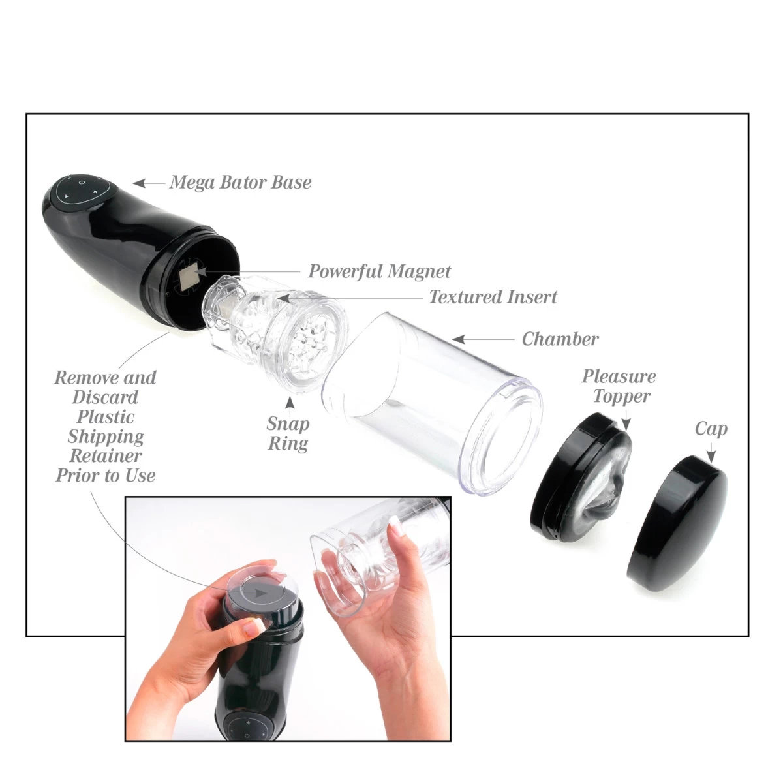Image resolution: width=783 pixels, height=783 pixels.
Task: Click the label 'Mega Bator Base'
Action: [x=240, y=182]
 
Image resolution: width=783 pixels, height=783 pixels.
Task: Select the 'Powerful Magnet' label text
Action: [x=379, y=271]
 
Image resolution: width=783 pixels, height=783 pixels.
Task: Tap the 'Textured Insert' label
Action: [x=493, y=298]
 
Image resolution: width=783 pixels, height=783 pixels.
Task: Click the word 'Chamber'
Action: [x=560, y=339]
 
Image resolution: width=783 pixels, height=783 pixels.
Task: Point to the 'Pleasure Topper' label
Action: [x=619, y=386]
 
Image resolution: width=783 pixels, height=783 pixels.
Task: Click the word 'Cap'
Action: [x=711, y=429]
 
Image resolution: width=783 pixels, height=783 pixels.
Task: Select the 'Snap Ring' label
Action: [x=288, y=434]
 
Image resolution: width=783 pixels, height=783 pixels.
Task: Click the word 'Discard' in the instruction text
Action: [x=105, y=397]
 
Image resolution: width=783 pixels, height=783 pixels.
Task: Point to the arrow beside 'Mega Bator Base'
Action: [x=148, y=183]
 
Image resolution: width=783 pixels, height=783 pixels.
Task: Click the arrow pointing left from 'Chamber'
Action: [x=483, y=339]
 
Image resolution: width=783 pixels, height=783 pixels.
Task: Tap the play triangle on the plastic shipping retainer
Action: [x=260, y=594]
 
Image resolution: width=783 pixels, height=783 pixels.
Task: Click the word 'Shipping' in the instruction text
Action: [x=106, y=437]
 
